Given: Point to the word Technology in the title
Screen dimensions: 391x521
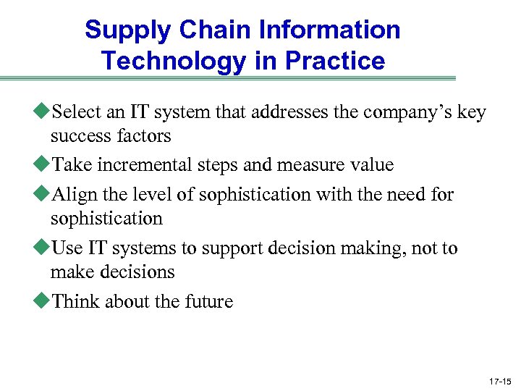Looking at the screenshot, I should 174,61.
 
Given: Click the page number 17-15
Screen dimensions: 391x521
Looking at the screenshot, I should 500,380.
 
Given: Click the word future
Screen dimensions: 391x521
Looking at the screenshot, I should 210,301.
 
